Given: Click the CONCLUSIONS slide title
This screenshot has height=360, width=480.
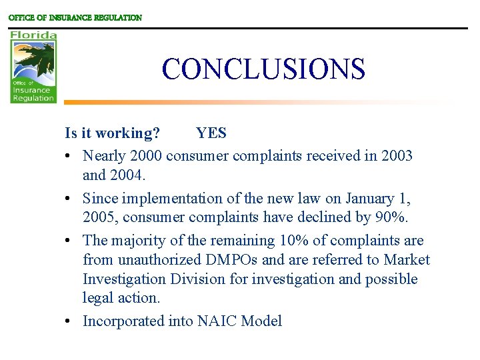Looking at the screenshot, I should coord(263,69).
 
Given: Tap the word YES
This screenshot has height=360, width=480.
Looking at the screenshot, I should coord(211,133).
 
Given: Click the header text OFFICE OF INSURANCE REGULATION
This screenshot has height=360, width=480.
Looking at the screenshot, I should coord(75,18).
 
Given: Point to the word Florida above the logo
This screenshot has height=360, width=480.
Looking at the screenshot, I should coord(33,35).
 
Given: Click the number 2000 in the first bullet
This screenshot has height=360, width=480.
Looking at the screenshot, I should coord(146,156).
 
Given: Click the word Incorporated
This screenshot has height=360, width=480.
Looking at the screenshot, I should coord(121,321).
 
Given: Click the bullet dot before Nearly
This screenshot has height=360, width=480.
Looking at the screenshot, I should coord(69,157).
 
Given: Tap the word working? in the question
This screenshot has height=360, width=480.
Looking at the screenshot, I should coord(127,133).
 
